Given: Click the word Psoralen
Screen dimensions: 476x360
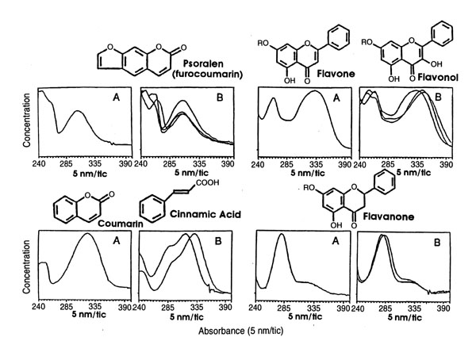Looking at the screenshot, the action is (x=203, y=63).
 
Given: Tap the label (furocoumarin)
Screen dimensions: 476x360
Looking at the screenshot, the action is (x=207, y=74).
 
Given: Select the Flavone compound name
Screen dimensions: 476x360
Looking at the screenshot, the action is (x=336, y=74).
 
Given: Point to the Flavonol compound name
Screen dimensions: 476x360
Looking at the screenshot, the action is (x=438, y=77).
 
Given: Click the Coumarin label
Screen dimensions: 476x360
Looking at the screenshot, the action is (x=121, y=224).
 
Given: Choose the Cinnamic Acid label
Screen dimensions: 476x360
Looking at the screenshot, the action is (x=205, y=214).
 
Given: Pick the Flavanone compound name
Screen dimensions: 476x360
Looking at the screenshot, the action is (x=389, y=216).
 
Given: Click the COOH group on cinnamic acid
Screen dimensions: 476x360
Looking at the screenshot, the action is (x=208, y=182).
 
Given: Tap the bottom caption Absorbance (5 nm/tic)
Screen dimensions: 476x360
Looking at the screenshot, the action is (x=240, y=331).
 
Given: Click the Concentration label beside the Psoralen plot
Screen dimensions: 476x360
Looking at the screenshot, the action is (x=27, y=121).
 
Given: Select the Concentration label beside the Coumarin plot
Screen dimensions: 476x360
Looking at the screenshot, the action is (x=27, y=266).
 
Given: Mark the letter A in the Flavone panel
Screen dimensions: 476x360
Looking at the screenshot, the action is (x=336, y=98).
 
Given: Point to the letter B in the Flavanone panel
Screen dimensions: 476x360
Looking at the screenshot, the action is (x=437, y=243).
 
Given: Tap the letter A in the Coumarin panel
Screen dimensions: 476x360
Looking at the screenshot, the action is (x=117, y=241).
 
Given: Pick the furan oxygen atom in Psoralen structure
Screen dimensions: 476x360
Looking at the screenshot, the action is (x=110, y=48).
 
